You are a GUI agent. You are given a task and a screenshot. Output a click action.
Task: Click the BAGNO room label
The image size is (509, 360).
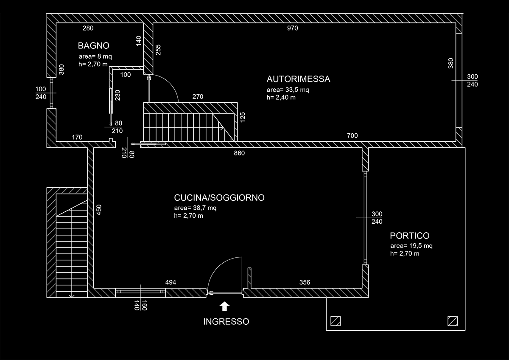pyautogui.click(x=94, y=45)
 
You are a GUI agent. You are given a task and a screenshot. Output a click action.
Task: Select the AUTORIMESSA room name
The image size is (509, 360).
pyautogui.click(x=298, y=79)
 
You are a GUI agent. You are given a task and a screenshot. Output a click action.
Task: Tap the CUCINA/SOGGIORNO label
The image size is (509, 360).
pyautogui.click(x=219, y=197)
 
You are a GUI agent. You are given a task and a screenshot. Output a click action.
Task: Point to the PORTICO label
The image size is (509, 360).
pyautogui.click(x=409, y=236)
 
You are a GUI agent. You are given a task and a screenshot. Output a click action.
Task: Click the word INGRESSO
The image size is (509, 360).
pyautogui.click(x=226, y=321)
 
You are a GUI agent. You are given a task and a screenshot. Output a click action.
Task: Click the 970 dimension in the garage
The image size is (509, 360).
pyautogui.click(x=293, y=28)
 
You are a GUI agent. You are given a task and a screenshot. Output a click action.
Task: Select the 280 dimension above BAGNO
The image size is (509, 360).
pyautogui.click(x=88, y=28)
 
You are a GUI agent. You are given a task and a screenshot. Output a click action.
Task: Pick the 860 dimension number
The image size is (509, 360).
pyautogui.click(x=239, y=153)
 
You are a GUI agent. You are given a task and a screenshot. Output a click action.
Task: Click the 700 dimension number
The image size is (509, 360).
pyautogui.click(x=352, y=136)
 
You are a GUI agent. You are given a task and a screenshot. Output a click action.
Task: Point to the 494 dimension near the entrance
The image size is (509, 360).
pyautogui.click(x=170, y=282)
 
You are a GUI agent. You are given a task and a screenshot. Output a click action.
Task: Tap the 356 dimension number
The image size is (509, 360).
pyautogui.click(x=305, y=282)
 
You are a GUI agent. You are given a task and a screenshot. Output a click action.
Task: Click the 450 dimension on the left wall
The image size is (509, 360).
pyautogui.click(x=99, y=211)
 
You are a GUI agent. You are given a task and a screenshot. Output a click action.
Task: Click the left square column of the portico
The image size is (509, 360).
pyautogui.click(x=336, y=320)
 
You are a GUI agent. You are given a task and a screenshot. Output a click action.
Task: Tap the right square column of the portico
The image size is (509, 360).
pyautogui.click(x=453, y=320)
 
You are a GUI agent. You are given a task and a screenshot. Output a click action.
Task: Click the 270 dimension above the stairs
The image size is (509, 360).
pyautogui.click(x=198, y=97)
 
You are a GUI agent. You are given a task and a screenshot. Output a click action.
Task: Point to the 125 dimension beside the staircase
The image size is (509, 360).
pyautogui.click(x=242, y=117)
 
